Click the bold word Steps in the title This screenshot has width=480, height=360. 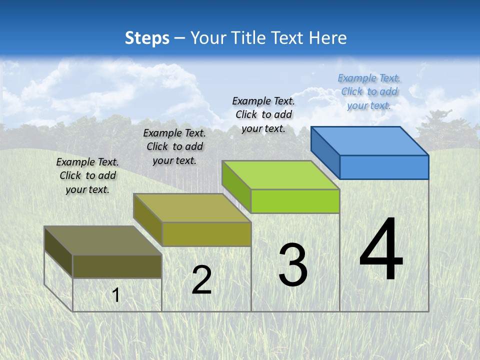[147, 38]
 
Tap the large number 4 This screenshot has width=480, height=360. [381, 249]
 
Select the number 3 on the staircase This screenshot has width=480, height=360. [293, 264]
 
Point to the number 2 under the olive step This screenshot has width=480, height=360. [201, 280]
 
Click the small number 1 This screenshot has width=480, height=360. [116, 295]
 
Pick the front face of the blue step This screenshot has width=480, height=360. [384, 167]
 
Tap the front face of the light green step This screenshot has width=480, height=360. [295, 201]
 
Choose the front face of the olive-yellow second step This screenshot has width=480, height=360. [206, 234]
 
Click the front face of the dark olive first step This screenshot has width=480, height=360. [117, 266]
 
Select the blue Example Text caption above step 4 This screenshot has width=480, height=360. [369, 91]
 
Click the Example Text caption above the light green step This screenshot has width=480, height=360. [263, 114]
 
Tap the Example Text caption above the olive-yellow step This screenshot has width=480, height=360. [174, 146]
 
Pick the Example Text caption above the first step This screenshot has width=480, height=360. [87, 175]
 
